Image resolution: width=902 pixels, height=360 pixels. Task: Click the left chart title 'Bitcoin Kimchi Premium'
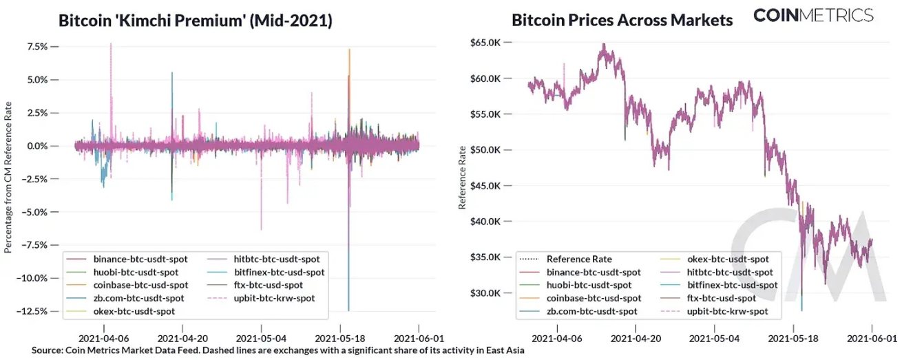point(195,21)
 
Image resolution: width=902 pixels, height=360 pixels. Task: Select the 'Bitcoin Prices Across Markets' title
point(622,20)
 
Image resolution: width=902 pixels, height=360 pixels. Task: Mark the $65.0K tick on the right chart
point(487,43)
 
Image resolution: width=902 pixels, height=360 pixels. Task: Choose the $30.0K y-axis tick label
point(487,293)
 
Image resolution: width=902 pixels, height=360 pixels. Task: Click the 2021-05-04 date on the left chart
point(261,339)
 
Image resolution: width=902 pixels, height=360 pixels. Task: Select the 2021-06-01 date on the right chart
point(872,339)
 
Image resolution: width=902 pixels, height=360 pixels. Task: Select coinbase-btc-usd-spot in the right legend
point(594,298)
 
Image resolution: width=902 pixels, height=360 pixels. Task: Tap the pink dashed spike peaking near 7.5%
point(111,45)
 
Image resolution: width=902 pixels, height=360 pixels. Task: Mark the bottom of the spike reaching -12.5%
point(349,310)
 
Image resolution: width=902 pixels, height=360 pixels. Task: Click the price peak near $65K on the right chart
point(604,45)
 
